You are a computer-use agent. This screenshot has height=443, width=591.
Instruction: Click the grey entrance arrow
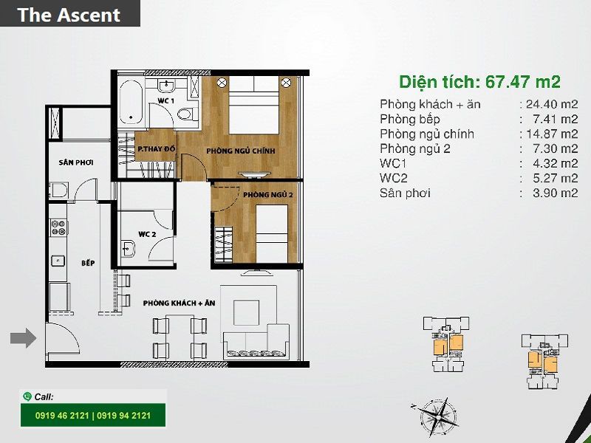[24, 338]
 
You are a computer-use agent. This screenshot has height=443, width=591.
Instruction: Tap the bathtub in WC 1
[131, 102]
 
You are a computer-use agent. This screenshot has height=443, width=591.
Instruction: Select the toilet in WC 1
[188, 114]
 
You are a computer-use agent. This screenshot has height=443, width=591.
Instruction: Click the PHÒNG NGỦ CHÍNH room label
[241, 151]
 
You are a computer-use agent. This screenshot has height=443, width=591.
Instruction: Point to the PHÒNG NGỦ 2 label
[268, 195]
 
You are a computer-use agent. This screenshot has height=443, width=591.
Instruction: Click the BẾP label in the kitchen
[88, 263]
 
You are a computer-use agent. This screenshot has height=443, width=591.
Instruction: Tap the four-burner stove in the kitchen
[58, 227]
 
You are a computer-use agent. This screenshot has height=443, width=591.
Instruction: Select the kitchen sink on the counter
[58, 261]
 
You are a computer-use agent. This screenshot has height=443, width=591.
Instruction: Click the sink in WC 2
[128, 249]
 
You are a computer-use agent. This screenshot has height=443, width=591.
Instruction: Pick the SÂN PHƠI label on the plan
[76, 162]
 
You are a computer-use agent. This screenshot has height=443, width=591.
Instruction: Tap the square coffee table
[246, 312]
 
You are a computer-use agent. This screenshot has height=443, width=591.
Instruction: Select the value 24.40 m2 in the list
[552, 104]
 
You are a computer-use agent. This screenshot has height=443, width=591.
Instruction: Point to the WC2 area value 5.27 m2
[556, 178]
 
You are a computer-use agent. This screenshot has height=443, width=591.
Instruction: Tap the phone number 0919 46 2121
[62, 416]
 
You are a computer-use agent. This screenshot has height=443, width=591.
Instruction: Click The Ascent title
[69, 15]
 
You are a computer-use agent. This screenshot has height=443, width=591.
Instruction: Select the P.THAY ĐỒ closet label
[157, 149]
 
